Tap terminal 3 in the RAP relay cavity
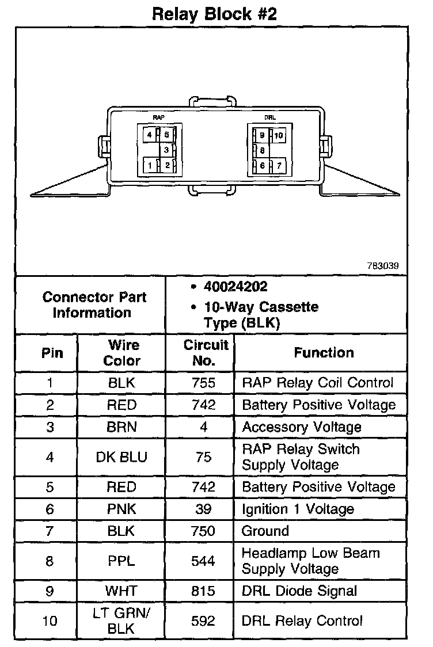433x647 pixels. pyautogui.click(x=166, y=150)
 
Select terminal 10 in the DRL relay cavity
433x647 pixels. pyautogui.click(x=279, y=136)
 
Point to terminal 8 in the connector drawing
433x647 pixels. pyautogui.click(x=263, y=150)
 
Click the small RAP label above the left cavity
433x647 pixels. pyautogui.click(x=158, y=117)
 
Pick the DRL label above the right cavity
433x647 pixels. pyautogui.click(x=269, y=117)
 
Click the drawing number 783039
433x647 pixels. pyautogui.click(x=383, y=266)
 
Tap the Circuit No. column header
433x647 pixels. pyautogui.click(x=206, y=352)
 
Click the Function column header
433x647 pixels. pyautogui.click(x=324, y=352)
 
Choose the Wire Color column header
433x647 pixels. pyautogui.click(x=123, y=352)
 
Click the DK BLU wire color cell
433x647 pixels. pyautogui.click(x=121, y=457)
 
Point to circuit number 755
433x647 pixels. pyautogui.click(x=203, y=383)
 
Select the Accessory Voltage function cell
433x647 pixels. pyautogui.click(x=302, y=427)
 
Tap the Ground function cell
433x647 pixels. pyautogui.click(x=265, y=531)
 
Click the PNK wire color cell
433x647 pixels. pyautogui.click(x=121, y=509)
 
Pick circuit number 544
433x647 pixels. pyautogui.click(x=203, y=561)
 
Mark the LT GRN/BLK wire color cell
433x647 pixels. pyautogui.click(x=121, y=621)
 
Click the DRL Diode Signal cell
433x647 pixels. pyautogui.click(x=299, y=591)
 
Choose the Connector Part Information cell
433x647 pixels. pyautogui.click(x=94, y=305)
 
